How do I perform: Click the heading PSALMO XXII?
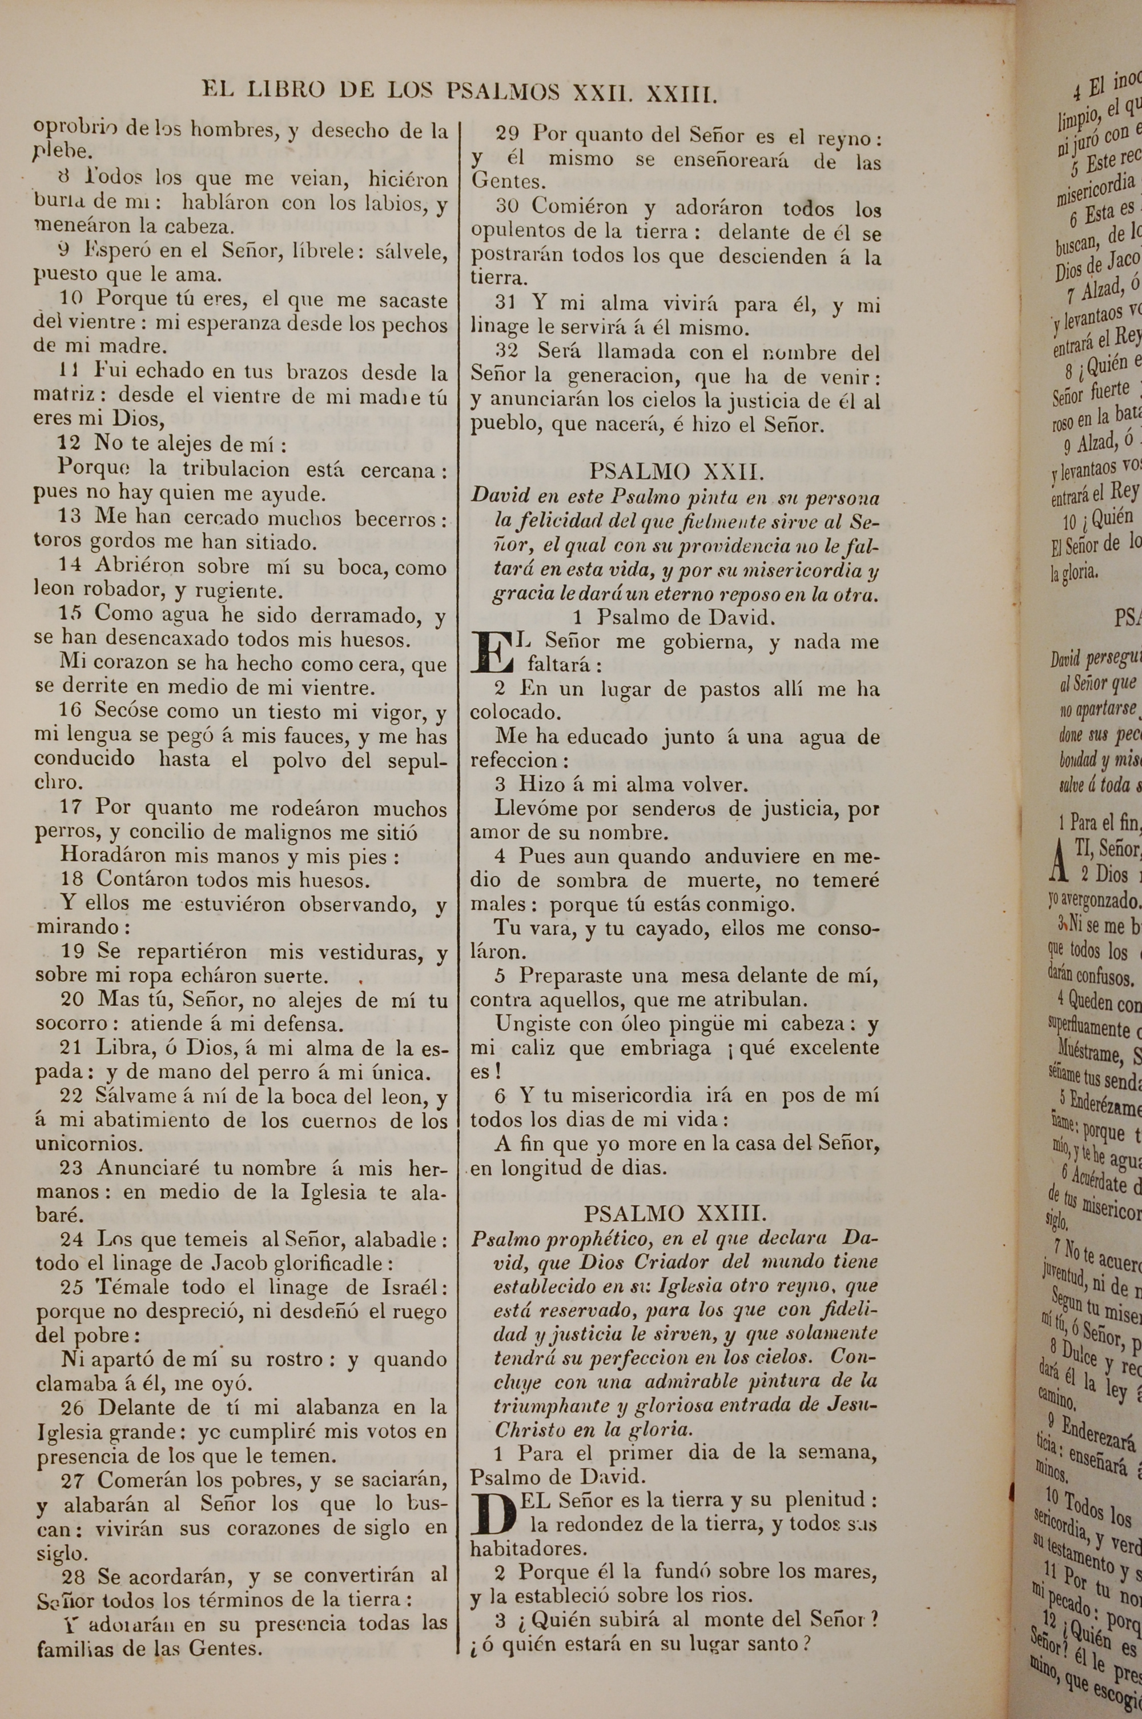point(677,472)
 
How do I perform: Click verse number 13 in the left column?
point(70,517)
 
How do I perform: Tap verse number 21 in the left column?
point(70,1047)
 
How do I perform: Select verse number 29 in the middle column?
point(507,134)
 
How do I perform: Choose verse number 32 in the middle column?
point(507,351)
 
